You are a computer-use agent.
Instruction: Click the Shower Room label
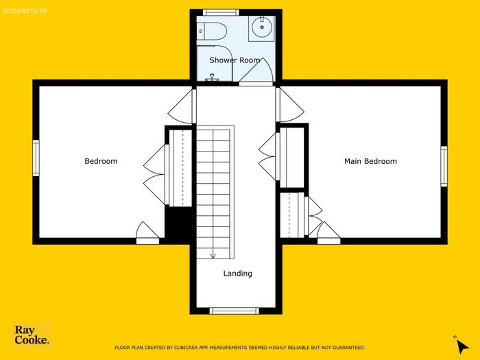(235, 60)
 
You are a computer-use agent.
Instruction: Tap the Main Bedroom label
(370, 161)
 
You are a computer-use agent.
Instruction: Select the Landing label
(237, 274)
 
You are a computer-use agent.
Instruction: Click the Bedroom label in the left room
(101, 161)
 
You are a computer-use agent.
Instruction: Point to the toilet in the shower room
(211, 31)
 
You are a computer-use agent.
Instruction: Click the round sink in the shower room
(262, 27)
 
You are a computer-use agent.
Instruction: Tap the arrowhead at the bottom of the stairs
(213, 256)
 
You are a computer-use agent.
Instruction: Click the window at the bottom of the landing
(235, 311)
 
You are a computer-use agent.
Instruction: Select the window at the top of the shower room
(221, 12)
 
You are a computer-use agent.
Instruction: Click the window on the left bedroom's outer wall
(36, 158)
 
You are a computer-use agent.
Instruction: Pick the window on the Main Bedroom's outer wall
(444, 166)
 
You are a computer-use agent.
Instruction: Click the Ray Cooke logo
(32, 335)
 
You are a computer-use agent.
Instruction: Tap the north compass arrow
(462, 346)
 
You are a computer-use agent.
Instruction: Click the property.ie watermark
(25, 11)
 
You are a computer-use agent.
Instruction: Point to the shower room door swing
(256, 71)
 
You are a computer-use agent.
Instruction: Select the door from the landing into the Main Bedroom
(290, 105)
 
